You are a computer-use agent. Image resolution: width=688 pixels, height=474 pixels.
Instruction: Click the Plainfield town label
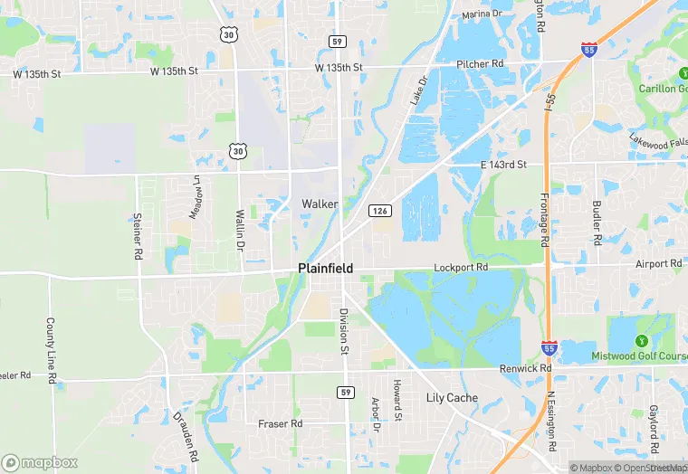click(325, 269)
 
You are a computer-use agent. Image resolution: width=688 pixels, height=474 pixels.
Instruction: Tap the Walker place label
click(320, 204)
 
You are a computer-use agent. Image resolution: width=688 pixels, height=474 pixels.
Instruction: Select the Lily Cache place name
click(452, 398)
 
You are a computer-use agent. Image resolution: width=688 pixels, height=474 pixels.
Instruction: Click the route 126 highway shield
click(379, 211)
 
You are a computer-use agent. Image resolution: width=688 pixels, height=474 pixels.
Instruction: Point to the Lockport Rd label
click(461, 268)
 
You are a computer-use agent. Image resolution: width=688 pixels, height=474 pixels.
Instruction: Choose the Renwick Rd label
click(526, 369)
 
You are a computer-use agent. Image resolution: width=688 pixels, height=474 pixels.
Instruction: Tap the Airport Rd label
click(658, 264)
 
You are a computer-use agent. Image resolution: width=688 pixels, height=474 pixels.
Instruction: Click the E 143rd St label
click(502, 165)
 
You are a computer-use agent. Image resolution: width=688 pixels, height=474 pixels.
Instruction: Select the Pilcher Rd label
click(480, 65)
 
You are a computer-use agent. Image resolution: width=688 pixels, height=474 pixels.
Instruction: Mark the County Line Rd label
click(52, 350)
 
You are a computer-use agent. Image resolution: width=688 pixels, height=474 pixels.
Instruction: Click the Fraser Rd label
click(280, 423)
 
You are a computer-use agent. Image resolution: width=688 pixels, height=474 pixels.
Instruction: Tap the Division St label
click(344, 331)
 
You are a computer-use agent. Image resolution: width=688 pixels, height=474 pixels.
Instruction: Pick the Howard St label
click(397, 400)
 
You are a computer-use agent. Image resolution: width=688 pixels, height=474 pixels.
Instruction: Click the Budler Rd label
click(597, 223)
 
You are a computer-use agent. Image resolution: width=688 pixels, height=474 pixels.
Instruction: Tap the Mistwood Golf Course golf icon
click(642, 340)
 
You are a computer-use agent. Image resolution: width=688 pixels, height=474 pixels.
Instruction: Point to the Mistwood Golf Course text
click(639, 356)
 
